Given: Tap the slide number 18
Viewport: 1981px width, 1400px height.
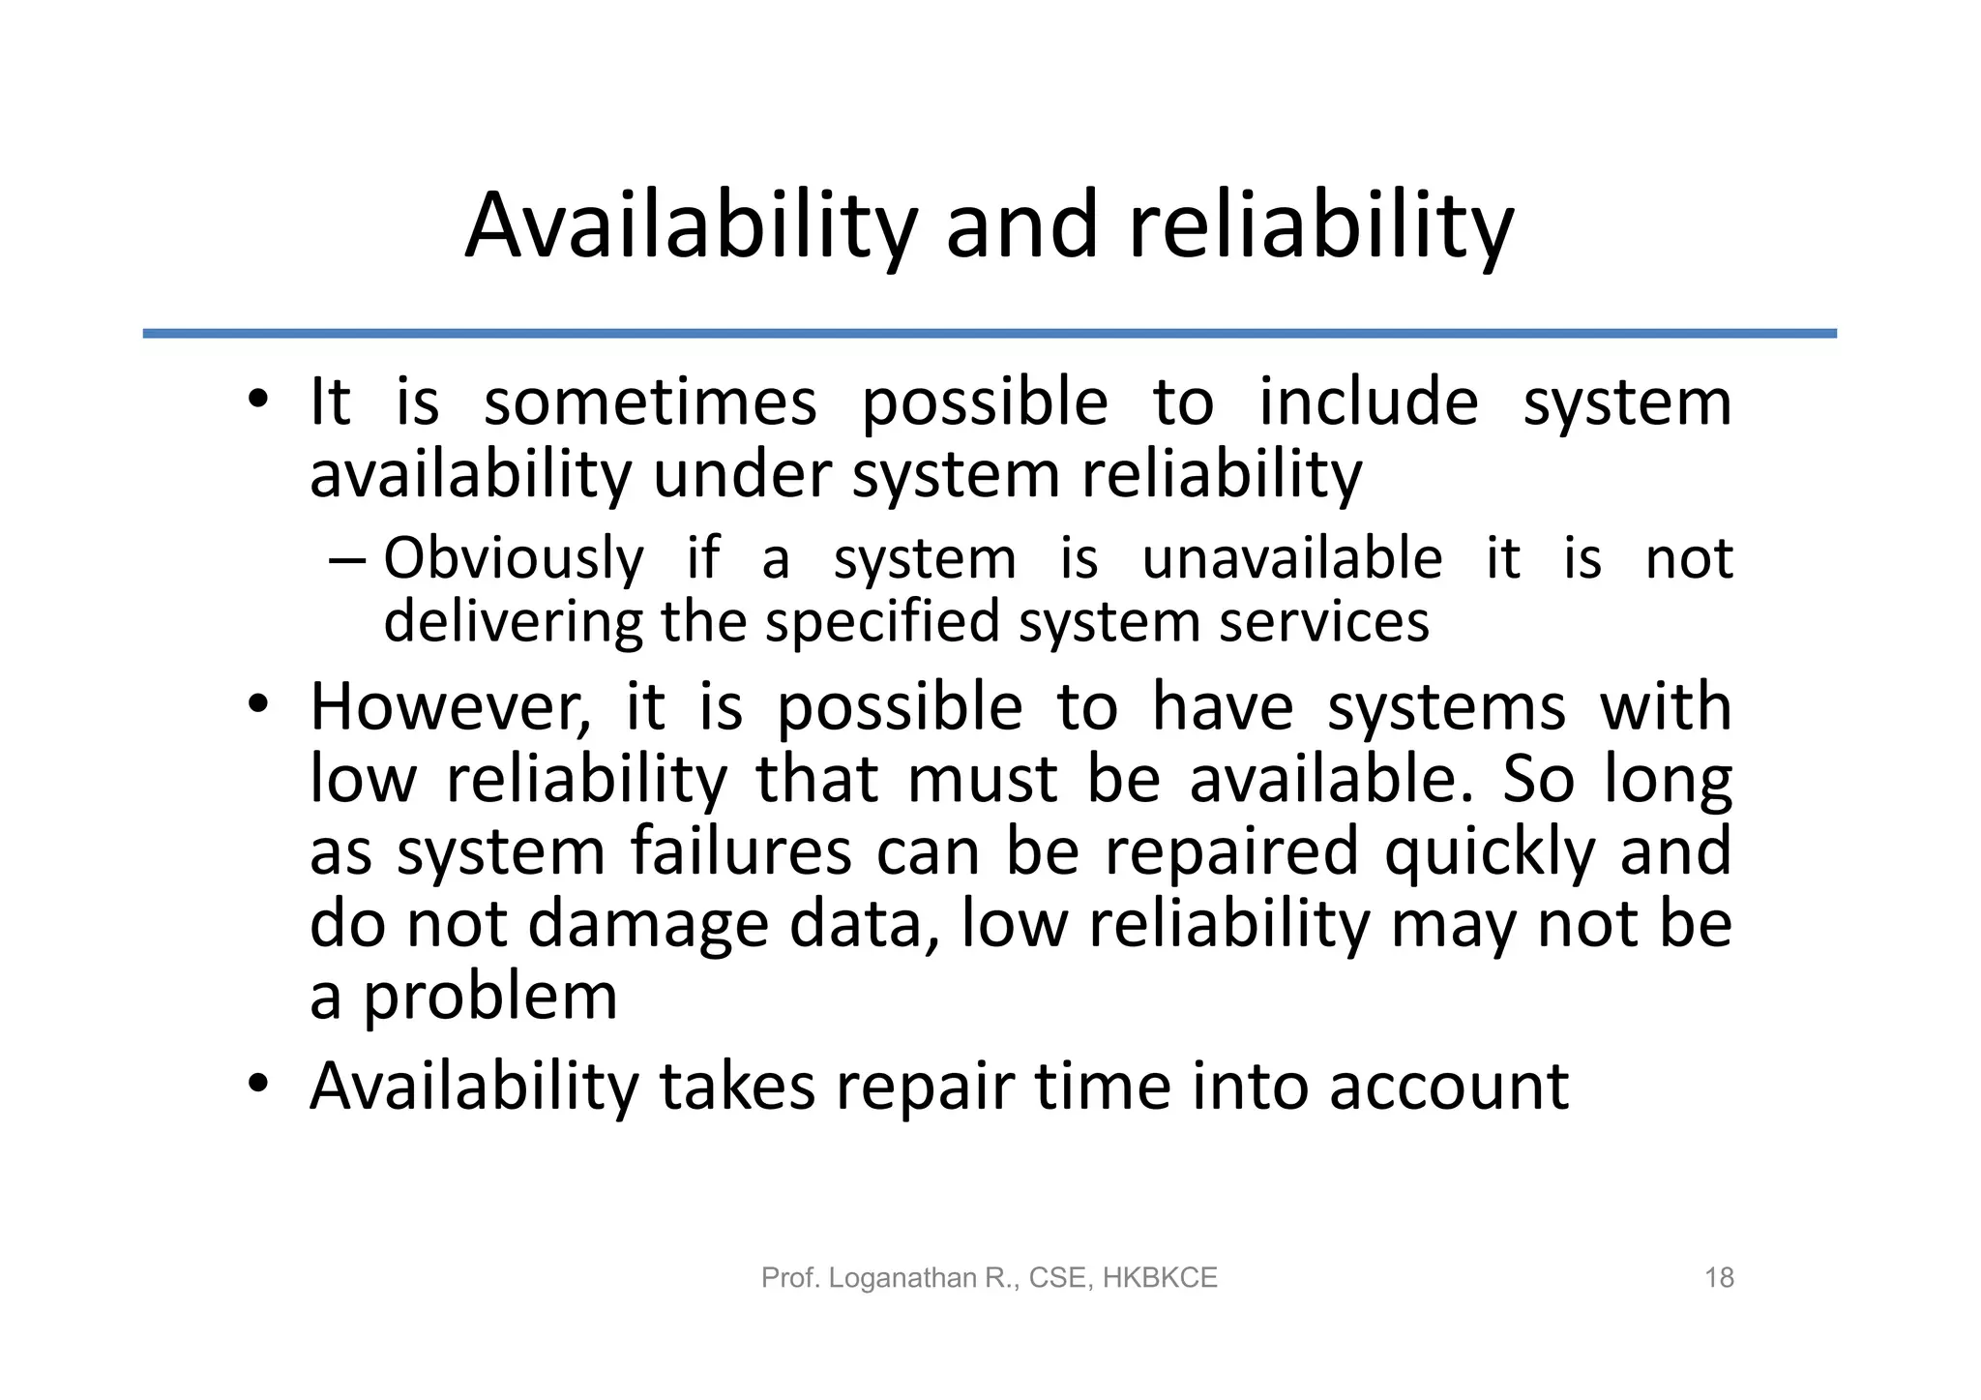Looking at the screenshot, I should [x=1719, y=1278].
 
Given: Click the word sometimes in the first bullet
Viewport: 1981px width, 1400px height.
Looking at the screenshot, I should [x=650, y=402].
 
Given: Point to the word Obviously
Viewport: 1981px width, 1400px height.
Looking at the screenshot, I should [x=514, y=559].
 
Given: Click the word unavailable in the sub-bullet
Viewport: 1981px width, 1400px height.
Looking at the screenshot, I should [x=1292, y=559].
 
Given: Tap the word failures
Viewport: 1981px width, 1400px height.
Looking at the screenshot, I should [x=741, y=851].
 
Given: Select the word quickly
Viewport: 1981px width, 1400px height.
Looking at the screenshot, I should [x=1490, y=853].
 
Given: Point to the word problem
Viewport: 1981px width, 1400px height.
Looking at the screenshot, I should [x=489, y=998].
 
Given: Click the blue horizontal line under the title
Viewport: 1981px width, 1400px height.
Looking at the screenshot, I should [x=990, y=334].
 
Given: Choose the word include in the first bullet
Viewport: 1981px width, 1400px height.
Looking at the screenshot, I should [x=1368, y=402].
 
